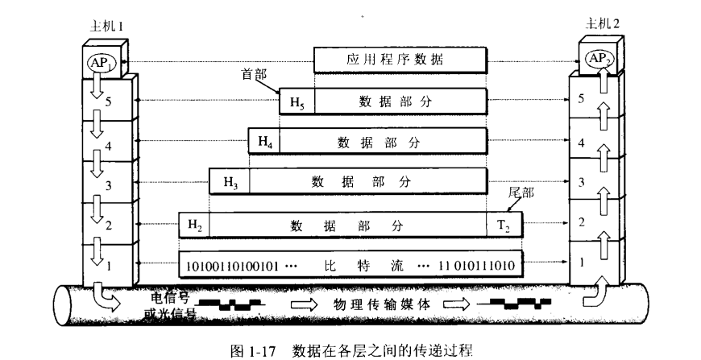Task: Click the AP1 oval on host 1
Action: [x=101, y=63]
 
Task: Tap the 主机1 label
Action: [x=106, y=27]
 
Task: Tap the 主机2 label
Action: [x=603, y=23]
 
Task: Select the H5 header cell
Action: [x=297, y=101]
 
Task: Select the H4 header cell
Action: [x=264, y=142]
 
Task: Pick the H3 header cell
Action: [x=230, y=181]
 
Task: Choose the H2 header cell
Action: [x=194, y=225]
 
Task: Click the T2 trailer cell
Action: [x=504, y=225]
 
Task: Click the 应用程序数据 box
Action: [x=400, y=60]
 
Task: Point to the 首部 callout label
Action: [x=254, y=74]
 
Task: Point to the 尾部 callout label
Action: [x=521, y=193]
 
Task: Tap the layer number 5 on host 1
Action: [x=108, y=101]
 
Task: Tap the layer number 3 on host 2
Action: [x=581, y=182]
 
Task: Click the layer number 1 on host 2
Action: [x=581, y=263]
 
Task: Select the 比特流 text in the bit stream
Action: [x=364, y=266]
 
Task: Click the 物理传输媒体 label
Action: [x=382, y=304]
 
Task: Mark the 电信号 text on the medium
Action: [x=170, y=298]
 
